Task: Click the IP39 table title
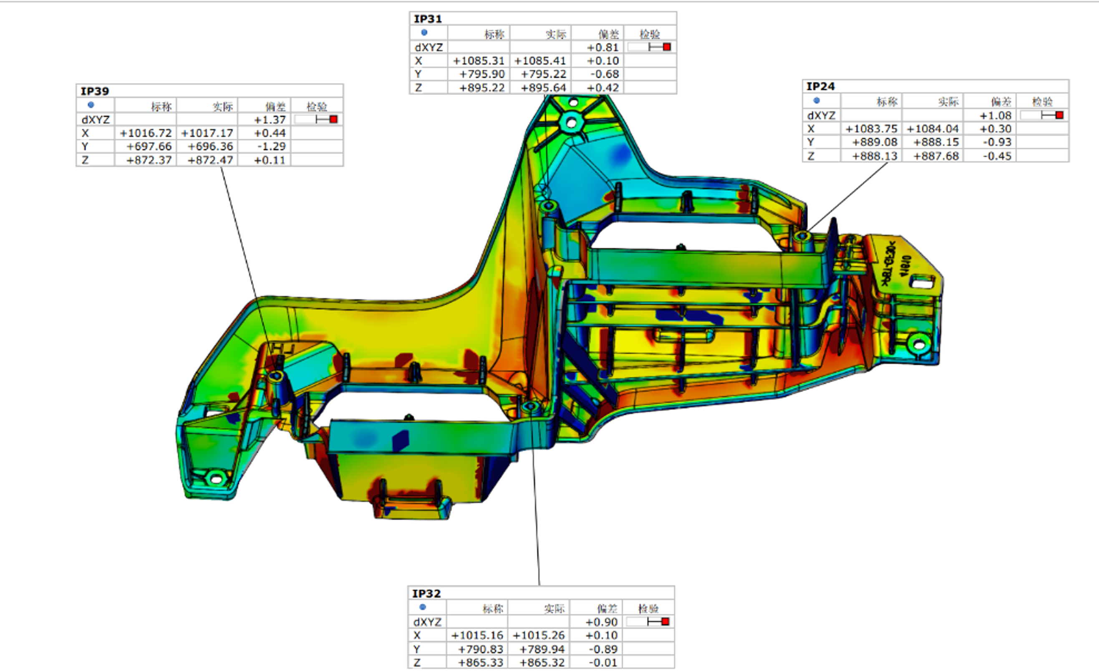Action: pos(95,91)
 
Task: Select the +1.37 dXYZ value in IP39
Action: pos(270,120)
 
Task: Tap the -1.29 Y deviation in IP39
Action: pos(271,146)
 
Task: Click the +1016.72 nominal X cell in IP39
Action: pos(146,133)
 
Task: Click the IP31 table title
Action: pos(427,19)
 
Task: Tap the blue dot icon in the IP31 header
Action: pos(424,33)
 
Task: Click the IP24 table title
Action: pos(820,86)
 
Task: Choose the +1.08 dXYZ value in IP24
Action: pos(995,116)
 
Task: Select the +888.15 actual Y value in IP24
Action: pos(936,142)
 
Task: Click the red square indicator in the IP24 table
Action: pos(1059,115)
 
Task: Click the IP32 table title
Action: pos(426,593)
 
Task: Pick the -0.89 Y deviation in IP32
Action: pos(602,649)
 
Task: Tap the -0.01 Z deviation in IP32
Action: pos(602,663)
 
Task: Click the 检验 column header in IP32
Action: pos(648,608)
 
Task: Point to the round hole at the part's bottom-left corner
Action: pos(216,479)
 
